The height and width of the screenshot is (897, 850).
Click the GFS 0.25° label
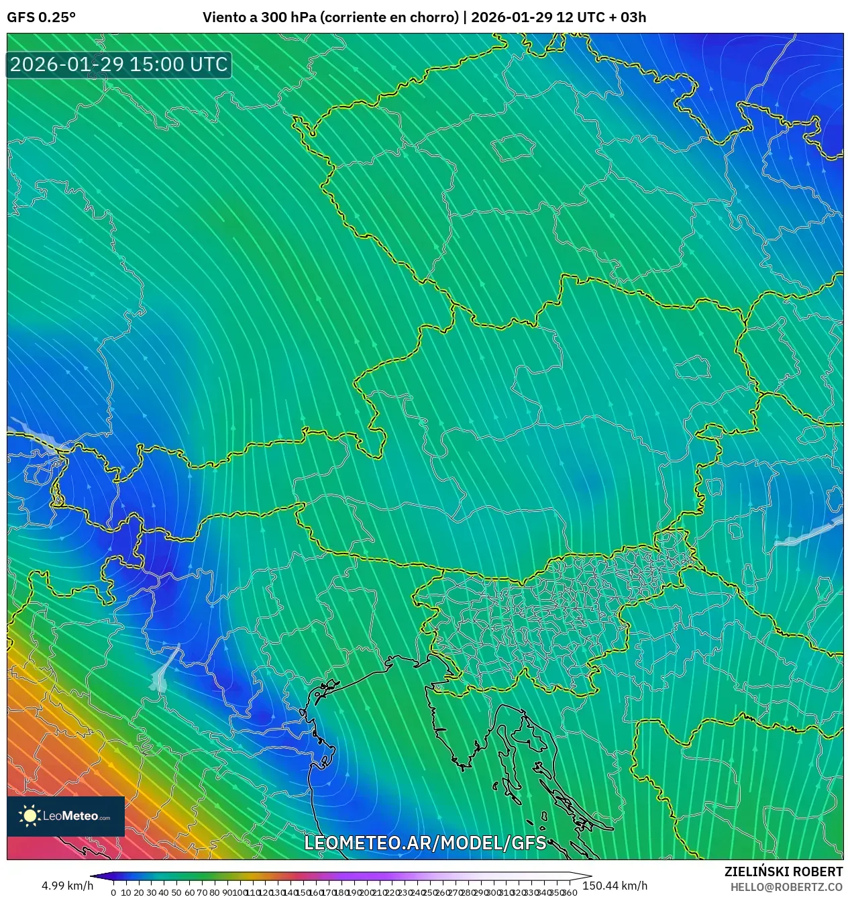pos(41,17)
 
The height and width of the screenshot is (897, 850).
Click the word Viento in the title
pos(224,17)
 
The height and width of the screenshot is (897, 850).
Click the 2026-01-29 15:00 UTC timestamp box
pos(119,64)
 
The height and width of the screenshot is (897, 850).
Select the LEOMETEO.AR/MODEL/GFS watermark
pos(425,843)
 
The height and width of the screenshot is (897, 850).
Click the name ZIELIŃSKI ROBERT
pos(783,872)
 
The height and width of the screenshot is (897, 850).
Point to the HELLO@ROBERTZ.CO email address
pos(786,887)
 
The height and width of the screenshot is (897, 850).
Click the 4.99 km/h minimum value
pos(67,886)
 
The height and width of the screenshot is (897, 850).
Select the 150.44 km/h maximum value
pos(615,886)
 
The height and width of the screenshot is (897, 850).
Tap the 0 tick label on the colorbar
pos(113,892)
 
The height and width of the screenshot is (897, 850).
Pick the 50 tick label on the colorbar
pos(176,892)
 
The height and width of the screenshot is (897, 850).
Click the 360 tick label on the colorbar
pos(570,892)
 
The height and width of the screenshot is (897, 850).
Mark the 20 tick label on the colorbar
pos(139,892)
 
